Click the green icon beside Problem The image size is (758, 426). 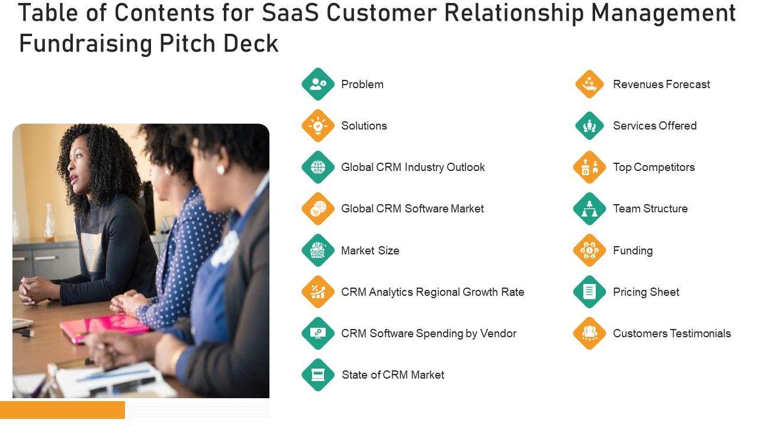(x=318, y=84)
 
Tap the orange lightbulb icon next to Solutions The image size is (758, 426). (x=318, y=125)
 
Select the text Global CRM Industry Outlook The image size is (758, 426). (x=413, y=167)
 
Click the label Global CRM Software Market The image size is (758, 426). (x=412, y=209)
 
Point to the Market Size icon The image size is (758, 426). (x=318, y=250)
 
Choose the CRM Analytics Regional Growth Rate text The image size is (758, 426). (x=432, y=292)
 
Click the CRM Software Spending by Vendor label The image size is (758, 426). (x=428, y=334)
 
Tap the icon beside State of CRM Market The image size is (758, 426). (x=318, y=375)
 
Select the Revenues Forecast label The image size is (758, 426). (x=661, y=85)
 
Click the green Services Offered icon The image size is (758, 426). (x=589, y=125)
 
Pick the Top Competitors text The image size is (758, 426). (x=654, y=167)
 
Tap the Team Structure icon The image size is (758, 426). (x=589, y=209)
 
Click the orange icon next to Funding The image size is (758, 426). (x=589, y=250)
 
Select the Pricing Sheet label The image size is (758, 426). (x=645, y=292)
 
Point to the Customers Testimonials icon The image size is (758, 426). (x=589, y=333)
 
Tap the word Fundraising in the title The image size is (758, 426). (x=85, y=43)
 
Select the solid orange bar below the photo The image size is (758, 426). (x=62, y=409)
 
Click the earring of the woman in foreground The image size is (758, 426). (x=220, y=170)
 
